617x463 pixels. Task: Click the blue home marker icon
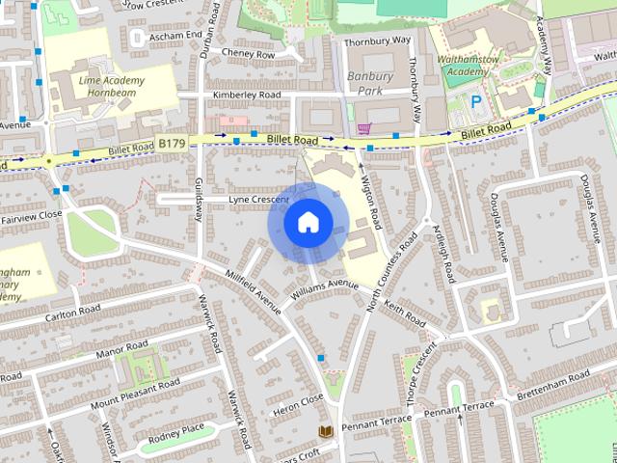click(x=308, y=223)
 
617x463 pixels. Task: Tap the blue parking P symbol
click(x=475, y=101)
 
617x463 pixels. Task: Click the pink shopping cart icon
click(x=363, y=128)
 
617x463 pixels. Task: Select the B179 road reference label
click(x=172, y=144)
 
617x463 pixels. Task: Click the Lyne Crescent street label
click(x=258, y=200)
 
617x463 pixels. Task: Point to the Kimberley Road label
click(x=248, y=95)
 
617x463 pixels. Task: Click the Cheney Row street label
click(x=248, y=54)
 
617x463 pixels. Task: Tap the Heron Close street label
click(x=299, y=399)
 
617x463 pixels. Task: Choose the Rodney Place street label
click(x=179, y=428)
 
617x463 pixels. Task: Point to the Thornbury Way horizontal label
click(x=377, y=41)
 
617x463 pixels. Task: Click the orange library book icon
click(x=325, y=431)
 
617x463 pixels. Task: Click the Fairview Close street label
click(x=31, y=214)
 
